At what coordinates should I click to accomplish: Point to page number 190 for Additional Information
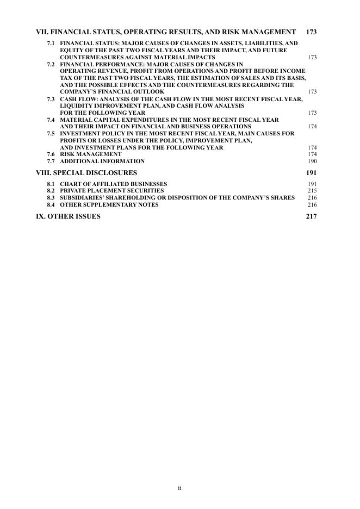pos(312,162)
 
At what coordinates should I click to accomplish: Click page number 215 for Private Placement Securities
pos(312,191)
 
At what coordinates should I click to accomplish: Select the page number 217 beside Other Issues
pos(311,216)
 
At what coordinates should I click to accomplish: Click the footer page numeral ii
pos(179,488)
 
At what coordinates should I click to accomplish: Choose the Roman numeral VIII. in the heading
pos(43,173)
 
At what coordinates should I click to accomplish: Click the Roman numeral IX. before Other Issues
pos(41,216)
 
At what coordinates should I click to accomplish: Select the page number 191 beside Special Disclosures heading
pos(311,173)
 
